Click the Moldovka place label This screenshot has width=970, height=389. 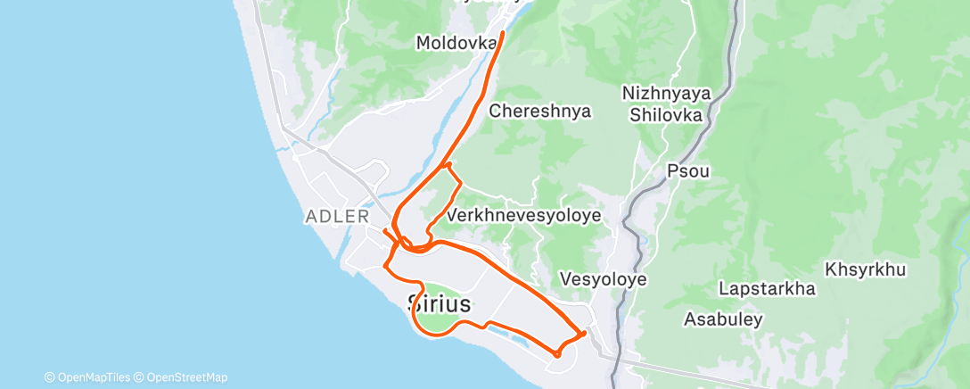[456, 42]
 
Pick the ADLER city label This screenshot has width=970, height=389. [337, 216]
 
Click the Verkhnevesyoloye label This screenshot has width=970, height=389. [524, 216]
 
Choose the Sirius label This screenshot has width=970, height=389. [439, 303]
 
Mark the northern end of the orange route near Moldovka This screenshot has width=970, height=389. [503, 33]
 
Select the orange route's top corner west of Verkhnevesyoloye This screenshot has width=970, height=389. [448, 164]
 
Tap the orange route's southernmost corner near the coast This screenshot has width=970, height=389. [557, 354]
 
